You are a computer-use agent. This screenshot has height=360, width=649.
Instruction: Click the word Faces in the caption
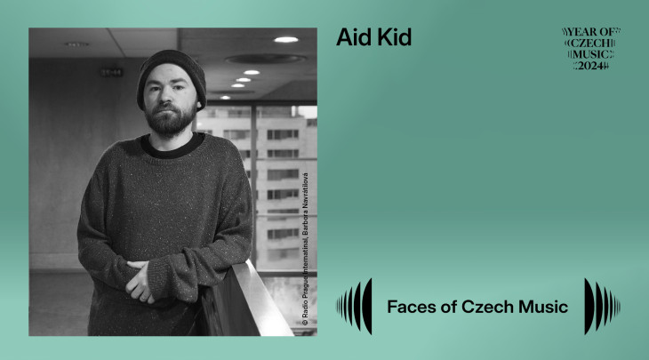click(412, 308)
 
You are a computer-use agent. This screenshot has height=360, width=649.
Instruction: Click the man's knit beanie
click(170, 72)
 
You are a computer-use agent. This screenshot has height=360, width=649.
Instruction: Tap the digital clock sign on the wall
click(110, 72)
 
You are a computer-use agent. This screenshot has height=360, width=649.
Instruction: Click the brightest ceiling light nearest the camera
click(285, 40)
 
